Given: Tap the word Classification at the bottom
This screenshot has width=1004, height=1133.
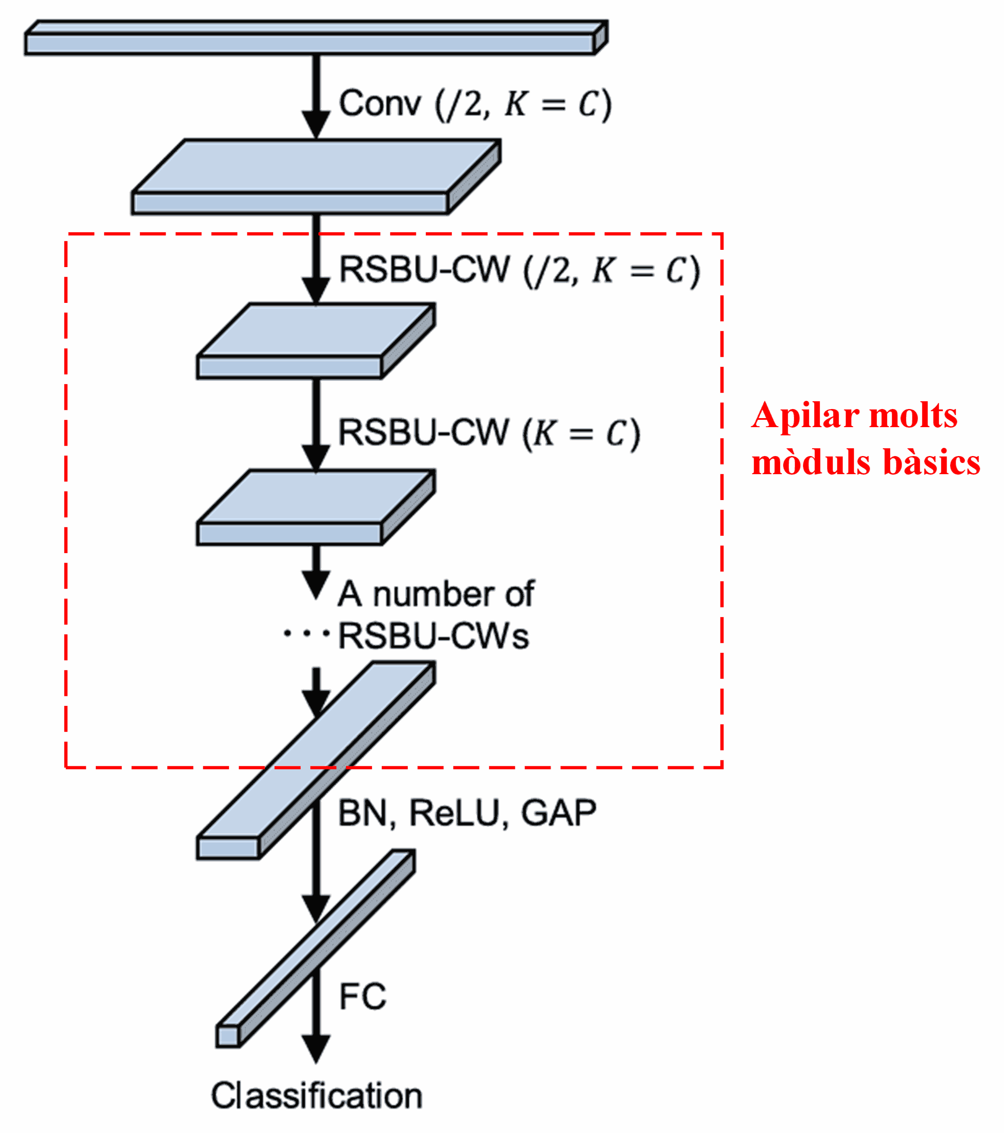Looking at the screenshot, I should coord(317,1096).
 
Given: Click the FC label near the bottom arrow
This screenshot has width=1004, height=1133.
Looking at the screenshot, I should coord(362,996).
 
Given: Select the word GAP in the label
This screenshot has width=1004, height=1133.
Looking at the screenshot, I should coord(558,814).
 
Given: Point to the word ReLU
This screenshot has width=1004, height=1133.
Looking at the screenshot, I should coord(455,814).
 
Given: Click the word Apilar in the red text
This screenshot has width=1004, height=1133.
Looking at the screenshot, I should coord(805,416).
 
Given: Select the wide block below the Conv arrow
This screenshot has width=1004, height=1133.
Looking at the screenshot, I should coord(316,177).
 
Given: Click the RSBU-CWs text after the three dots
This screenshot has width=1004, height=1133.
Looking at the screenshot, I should coord(434,636).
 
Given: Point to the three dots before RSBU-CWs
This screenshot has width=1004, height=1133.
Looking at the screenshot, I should coord(306,633).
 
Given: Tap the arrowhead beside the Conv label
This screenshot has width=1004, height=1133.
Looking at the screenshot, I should coord(316,123).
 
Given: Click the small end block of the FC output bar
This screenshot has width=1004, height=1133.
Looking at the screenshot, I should coord(228,1036).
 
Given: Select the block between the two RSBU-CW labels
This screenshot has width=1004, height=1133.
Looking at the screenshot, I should coord(316,341).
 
